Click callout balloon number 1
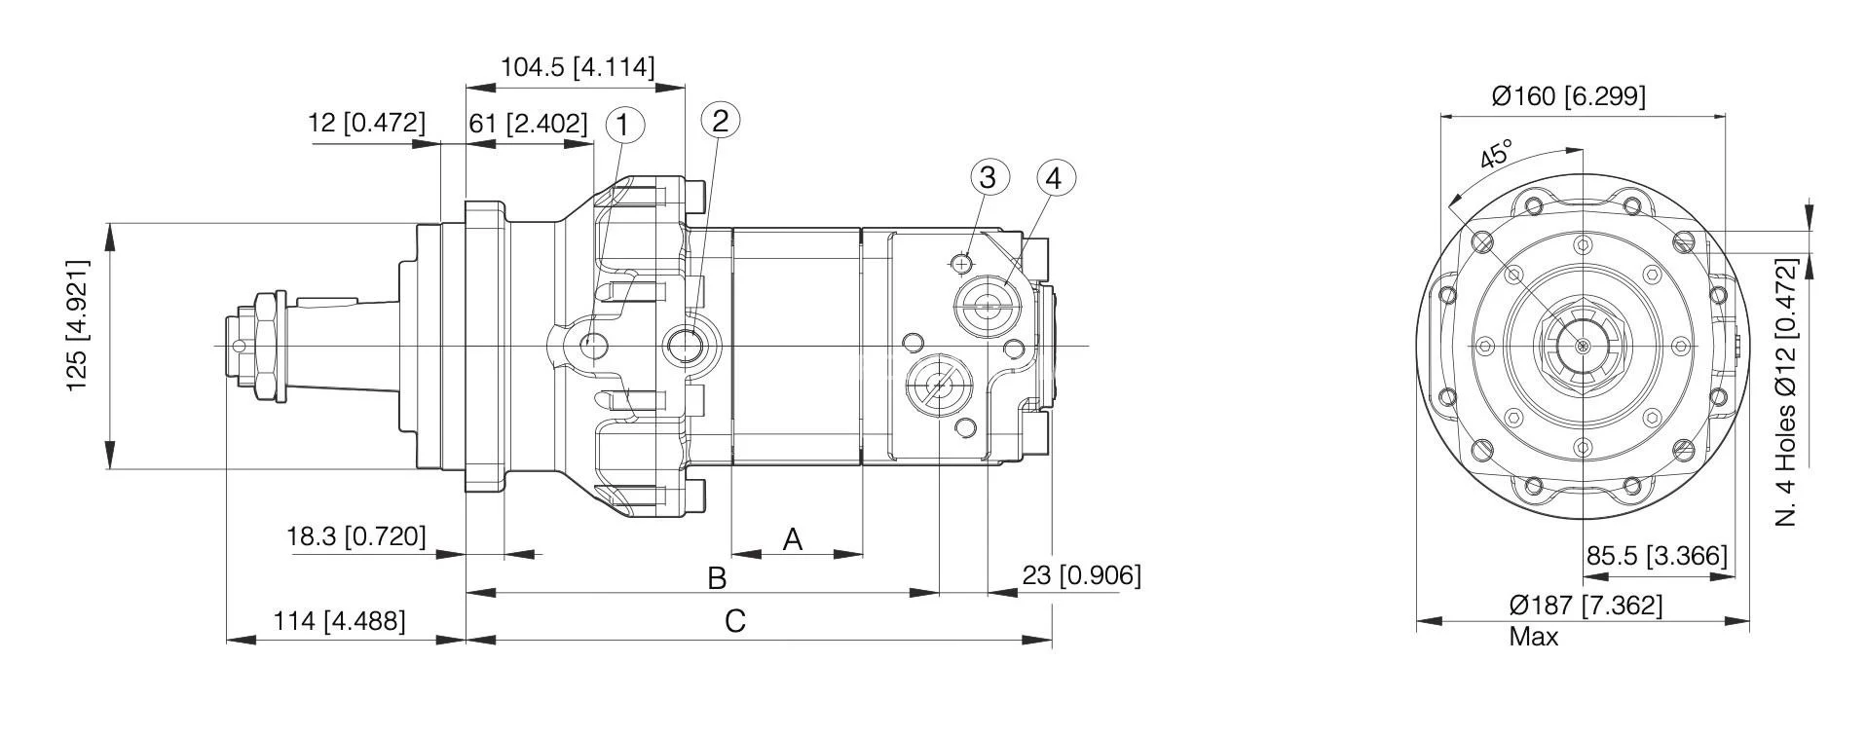624,125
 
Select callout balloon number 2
720,120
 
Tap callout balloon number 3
989,177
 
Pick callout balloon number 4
1056,177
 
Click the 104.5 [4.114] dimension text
578,67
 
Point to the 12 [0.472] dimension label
367,124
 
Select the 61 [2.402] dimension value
529,124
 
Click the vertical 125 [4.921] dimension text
78,326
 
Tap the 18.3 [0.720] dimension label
356,536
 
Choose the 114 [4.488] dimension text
339,620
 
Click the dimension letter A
793,538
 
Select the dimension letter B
717,578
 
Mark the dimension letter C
735,621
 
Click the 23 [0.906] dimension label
1081,575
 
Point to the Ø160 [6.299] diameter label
1568,96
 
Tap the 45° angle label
1497,155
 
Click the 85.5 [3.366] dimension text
1657,556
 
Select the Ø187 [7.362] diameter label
1586,606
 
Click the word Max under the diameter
1534,638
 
